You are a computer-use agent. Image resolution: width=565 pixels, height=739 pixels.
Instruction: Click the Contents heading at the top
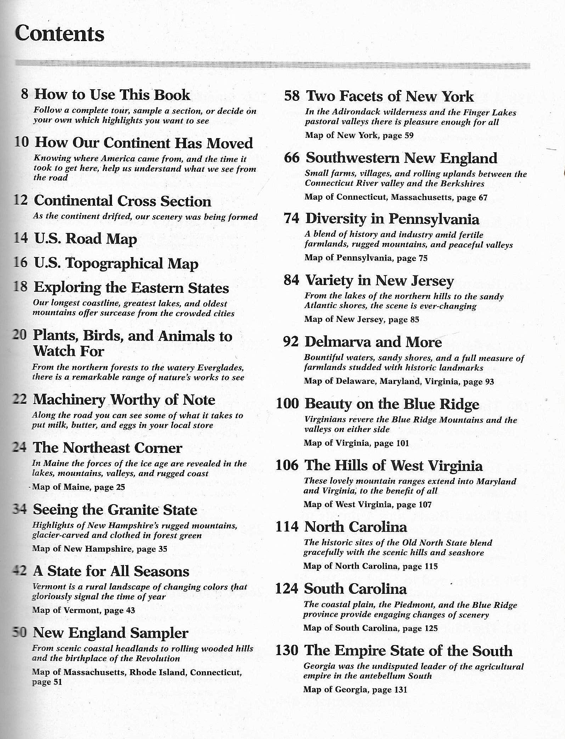click(x=60, y=34)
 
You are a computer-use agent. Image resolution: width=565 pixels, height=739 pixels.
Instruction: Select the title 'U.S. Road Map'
click(x=85, y=239)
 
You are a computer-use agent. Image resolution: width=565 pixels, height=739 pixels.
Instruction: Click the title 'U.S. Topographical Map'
click(x=116, y=264)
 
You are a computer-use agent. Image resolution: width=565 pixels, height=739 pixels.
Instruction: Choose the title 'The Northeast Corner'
click(x=107, y=448)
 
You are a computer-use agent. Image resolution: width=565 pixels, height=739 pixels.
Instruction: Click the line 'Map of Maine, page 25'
click(x=78, y=487)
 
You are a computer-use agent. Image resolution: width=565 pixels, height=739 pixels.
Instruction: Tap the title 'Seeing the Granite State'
click(x=115, y=510)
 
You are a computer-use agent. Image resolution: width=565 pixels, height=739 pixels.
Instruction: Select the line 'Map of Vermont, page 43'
click(x=83, y=610)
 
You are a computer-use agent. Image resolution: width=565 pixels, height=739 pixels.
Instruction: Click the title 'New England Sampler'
click(x=110, y=633)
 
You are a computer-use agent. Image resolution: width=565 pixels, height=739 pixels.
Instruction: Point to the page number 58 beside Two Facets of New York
click(x=292, y=96)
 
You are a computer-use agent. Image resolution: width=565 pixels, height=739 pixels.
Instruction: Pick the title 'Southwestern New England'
click(x=401, y=158)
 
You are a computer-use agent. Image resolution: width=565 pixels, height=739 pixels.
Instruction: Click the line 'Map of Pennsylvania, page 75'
click(x=366, y=258)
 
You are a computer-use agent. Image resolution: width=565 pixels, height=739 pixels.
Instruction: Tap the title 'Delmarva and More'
click(x=373, y=342)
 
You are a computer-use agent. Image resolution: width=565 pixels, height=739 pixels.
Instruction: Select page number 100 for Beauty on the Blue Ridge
click(x=287, y=404)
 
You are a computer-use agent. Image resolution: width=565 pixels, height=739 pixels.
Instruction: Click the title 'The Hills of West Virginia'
click(x=393, y=466)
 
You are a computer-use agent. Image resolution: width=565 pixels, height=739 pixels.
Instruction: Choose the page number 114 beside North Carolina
click(x=287, y=527)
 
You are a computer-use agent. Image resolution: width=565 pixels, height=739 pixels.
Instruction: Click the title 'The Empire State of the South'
click(x=408, y=651)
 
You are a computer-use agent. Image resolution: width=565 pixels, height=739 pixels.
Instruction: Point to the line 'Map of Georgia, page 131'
click(x=355, y=690)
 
